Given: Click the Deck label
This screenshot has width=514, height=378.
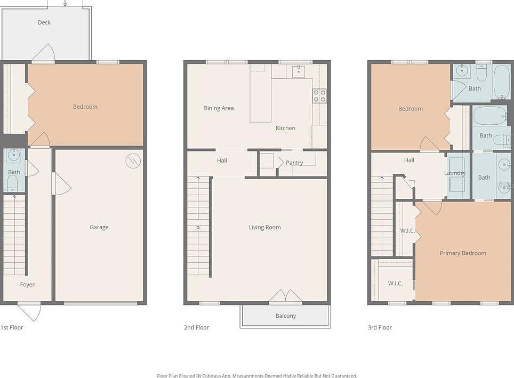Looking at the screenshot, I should (44, 22).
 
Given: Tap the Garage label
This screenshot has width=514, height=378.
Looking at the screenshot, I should (99, 227).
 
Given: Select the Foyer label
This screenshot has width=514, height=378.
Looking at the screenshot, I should (27, 285).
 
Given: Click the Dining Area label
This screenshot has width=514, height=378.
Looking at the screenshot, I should (219, 108).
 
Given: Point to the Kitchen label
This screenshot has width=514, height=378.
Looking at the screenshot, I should (285, 128).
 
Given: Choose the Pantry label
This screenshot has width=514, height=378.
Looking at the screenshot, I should (294, 163).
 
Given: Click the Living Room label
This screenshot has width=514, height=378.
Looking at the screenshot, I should (264, 228).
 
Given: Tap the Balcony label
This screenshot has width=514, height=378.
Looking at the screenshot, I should (286, 316).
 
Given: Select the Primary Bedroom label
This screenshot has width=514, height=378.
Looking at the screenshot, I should (463, 253).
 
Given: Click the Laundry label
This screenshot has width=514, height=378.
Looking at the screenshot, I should (455, 173).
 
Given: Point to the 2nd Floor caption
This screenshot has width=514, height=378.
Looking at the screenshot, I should (196, 327).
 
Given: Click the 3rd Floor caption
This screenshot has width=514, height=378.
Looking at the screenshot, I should (380, 327).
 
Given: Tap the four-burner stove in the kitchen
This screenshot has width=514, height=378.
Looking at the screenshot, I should (319, 96).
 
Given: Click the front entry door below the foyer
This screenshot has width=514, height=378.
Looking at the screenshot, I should (29, 311).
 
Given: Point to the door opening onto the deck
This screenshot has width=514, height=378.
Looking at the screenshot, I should (44, 53).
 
